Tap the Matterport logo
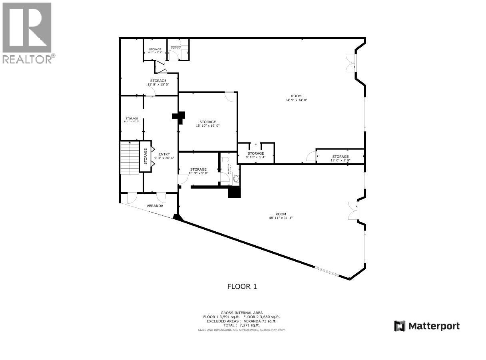[x=427, y=326]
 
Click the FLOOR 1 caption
[x=242, y=286]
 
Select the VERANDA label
[x=155, y=206]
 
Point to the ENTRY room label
[x=164, y=154]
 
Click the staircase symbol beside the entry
[x=129, y=157]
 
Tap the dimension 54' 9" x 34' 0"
[x=296, y=100]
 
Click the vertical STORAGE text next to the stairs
[x=145, y=156]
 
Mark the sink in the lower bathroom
[x=236, y=178]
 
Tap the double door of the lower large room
[x=353, y=211]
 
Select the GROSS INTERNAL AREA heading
[x=241, y=313]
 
